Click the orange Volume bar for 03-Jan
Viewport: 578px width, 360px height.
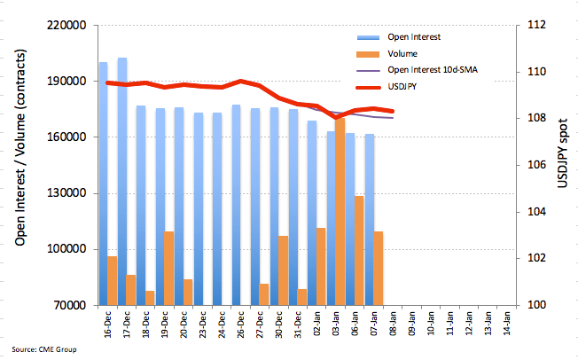(x=340, y=212)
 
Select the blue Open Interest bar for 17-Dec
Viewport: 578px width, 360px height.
(x=122, y=182)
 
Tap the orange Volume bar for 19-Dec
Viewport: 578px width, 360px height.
(x=168, y=269)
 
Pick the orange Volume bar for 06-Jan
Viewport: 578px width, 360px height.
(x=359, y=251)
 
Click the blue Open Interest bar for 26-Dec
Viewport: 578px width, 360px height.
(x=237, y=205)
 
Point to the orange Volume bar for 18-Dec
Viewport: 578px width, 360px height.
(x=150, y=298)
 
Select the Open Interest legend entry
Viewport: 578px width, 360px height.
(x=398, y=37)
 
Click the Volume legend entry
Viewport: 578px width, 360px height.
(x=387, y=54)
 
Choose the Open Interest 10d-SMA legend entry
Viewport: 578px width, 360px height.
(x=417, y=70)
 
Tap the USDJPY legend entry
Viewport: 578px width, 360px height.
(x=387, y=87)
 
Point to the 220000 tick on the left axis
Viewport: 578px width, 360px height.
(x=66, y=26)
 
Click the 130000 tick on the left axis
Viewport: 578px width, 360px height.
(x=66, y=193)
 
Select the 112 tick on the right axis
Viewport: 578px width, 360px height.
(x=536, y=25)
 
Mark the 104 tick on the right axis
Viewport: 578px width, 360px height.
(x=536, y=212)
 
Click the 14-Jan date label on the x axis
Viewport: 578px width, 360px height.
(x=506, y=324)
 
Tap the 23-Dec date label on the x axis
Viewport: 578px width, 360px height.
(x=203, y=325)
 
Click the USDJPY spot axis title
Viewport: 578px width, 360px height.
(x=562, y=153)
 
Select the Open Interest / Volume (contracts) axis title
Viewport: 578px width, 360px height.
(x=20, y=147)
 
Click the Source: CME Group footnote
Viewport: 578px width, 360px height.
(x=44, y=349)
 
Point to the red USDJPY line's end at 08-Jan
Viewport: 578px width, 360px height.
(x=393, y=111)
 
